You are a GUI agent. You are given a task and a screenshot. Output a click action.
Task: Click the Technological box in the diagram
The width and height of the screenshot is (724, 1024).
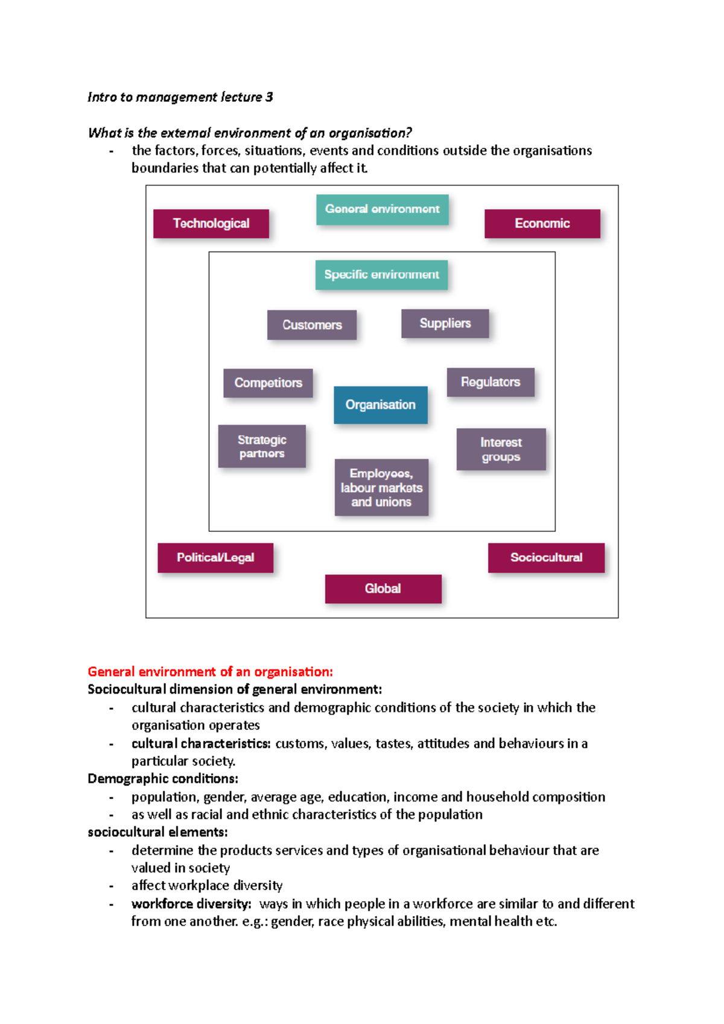[x=211, y=224]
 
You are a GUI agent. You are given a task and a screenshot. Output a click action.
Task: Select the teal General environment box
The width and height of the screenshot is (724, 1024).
[x=383, y=209]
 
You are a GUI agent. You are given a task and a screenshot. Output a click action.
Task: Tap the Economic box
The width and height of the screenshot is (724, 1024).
[x=542, y=224]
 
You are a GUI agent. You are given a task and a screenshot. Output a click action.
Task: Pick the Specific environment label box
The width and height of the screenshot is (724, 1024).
[x=381, y=275]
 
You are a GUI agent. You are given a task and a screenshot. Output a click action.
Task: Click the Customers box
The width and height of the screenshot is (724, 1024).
[x=312, y=325]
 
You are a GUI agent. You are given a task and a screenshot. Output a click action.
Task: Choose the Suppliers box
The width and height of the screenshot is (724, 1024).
[x=445, y=324]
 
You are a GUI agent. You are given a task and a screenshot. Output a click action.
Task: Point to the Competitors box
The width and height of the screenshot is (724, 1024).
[x=268, y=383]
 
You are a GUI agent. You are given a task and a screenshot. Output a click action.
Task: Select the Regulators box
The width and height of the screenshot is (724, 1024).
[x=491, y=382]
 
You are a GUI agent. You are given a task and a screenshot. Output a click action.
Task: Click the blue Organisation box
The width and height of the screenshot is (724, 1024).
[x=381, y=405]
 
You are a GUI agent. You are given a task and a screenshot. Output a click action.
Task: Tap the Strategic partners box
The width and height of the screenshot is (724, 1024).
[x=262, y=446]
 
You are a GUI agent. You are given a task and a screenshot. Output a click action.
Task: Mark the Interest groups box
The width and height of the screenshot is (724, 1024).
[x=501, y=449]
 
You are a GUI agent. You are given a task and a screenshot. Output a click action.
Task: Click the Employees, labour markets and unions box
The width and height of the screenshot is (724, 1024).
[x=381, y=487]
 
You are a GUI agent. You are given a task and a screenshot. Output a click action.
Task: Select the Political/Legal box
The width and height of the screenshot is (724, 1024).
[x=215, y=558]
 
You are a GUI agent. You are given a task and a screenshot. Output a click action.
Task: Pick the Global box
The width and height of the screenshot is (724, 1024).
[x=383, y=589]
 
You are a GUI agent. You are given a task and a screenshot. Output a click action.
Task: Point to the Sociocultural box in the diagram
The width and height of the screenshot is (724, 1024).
[x=546, y=558]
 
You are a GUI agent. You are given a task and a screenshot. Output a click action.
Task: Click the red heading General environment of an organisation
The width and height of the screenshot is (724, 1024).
[x=210, y=672]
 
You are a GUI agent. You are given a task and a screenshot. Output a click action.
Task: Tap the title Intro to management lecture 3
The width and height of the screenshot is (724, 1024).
[x=180, y=97]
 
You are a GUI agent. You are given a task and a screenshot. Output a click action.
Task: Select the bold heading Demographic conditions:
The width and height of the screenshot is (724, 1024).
[x=163, y=779]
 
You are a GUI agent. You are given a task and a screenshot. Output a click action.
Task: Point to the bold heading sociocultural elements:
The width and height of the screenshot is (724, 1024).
[x=157, y=832]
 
